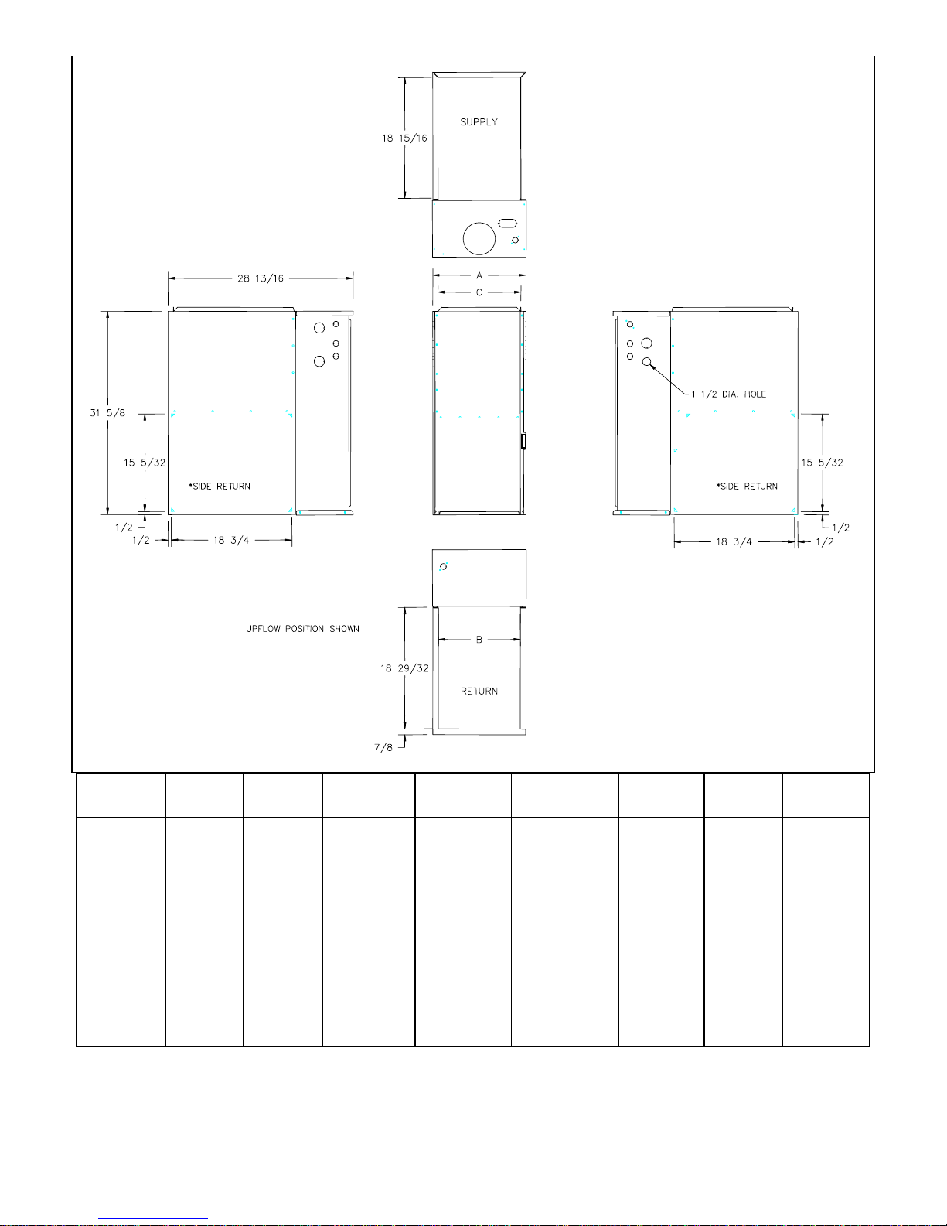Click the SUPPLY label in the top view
[479, 122]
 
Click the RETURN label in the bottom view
[479, 692]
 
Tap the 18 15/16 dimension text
[404, 138]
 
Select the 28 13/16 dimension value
[261, 278]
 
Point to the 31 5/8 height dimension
[107, 413]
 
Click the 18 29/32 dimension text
[404, 668]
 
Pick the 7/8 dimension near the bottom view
[383, 747]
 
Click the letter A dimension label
[479, 275]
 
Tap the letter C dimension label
[479, 292]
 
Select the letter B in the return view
[479, 640]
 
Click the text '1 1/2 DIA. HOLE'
[729, 394]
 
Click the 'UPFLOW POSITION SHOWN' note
[303, 629]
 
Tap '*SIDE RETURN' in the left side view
[220, 487]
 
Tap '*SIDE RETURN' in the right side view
[747, 487]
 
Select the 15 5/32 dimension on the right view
[823, 463]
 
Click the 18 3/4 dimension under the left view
[231, 541]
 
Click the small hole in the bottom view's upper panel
[444, 566]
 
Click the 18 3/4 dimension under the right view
[734, 542]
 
